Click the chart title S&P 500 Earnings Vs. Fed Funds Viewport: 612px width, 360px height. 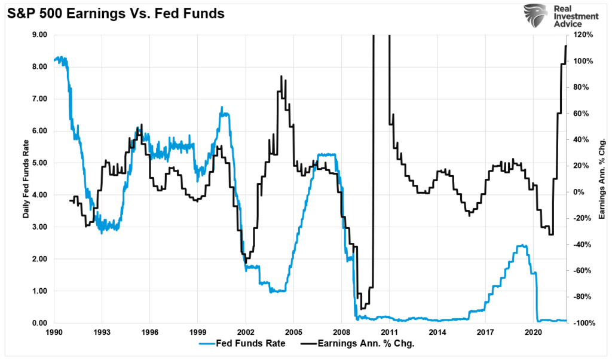[x=116, y=13]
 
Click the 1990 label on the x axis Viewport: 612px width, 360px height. [x=54, y=332]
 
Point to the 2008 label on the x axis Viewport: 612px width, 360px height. [x=341, y=332]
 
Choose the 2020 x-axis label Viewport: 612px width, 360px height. [x=533, y=332]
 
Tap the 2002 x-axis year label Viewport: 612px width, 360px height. [x=246, y=332]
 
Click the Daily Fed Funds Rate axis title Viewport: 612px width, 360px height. [x=27, y=179]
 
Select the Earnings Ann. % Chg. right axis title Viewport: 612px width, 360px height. [x=602, y=179]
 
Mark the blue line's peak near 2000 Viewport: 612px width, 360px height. [x=222, y=108]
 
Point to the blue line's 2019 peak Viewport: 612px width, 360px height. [x=522, y=245]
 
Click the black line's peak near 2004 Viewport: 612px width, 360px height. [x=281, y=77]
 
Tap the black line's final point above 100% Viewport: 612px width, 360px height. [x=566, y=46]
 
